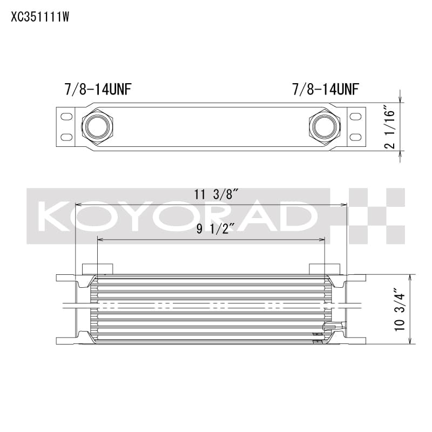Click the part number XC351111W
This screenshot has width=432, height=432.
tap(39, 17)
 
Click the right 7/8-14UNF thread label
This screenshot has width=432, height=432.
tap(326, 89)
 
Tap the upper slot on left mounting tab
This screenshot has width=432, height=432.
tap(66, 117)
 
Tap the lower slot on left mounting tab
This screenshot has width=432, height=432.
tap(66, 137)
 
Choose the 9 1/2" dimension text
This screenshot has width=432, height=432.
tap(212, 230)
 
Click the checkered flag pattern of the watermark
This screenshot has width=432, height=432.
tap(376, 215)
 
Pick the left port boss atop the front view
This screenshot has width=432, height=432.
tap(97, 269)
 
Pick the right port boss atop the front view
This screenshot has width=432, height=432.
tap(325, 269)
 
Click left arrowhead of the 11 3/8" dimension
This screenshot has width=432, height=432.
tap(78, 205)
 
